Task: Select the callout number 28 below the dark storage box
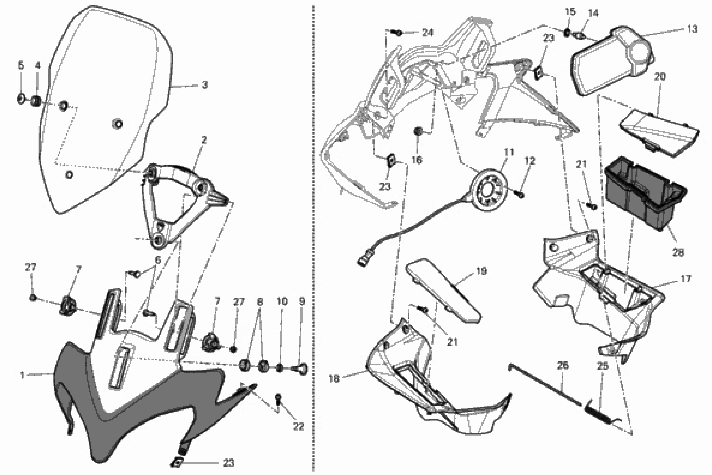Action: tap(678, 252)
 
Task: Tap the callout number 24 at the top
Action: tap(428, 32)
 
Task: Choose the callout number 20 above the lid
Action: tap(660, 77)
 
